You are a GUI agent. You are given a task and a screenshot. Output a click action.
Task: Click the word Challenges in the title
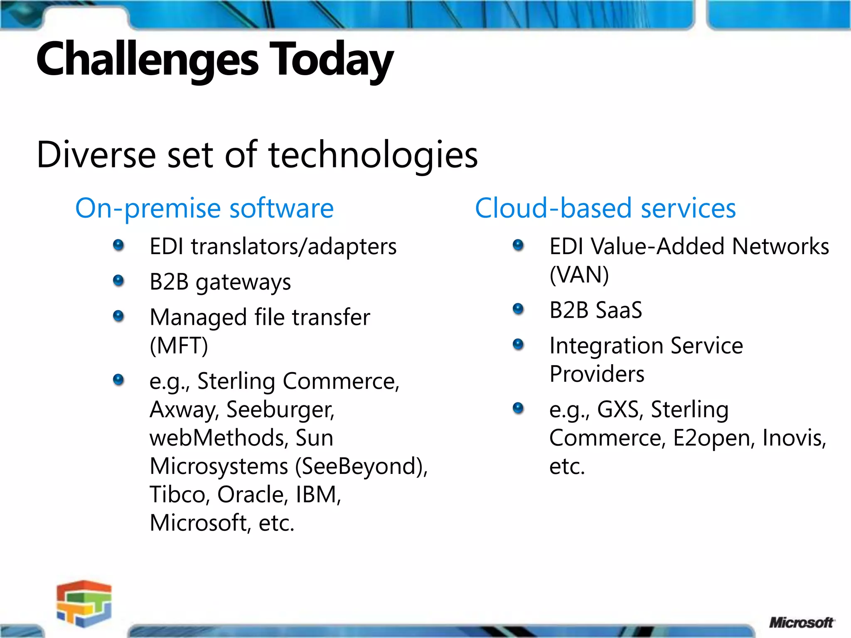click(148, 59)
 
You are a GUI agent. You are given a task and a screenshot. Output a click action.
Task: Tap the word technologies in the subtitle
click(373, 155)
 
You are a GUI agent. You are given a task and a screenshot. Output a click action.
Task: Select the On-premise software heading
click(204, 208)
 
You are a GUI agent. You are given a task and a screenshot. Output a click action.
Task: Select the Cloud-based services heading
click(605, 208)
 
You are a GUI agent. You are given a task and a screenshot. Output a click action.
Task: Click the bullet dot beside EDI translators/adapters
click(118, 245)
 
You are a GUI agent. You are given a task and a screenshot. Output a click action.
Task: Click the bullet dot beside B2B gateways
click(118, 281)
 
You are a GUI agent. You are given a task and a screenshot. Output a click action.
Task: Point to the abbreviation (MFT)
click(179, 346)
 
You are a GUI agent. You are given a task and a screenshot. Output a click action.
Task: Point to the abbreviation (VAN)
click(579, 275)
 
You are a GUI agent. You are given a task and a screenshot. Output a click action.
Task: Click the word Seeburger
click(280, 410)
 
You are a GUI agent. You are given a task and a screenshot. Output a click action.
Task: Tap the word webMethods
click(219, 438)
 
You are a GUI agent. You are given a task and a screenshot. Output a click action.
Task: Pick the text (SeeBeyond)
click(361, 466)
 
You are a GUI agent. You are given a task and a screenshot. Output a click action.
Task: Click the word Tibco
click(177, 494)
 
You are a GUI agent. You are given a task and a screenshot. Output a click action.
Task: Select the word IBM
click(318, 494)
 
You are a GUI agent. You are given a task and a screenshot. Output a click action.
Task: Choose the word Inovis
click(794, 438)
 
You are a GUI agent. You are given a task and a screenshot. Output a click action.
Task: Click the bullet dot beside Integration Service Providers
click(518, 344)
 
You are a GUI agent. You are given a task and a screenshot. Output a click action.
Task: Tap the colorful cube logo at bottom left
click(84, 603)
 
